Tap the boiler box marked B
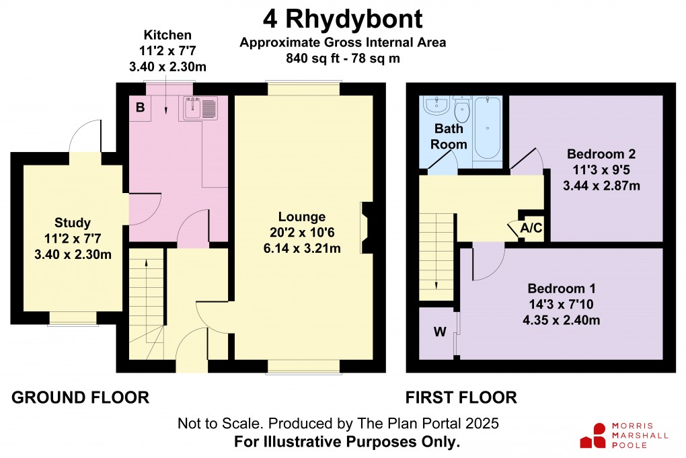pyautogui.click(x=141, y=108)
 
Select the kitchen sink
pyautogui.click(x=198, y=108)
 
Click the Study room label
pyautogui.click(x=73, y=223)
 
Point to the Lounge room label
pyautogui.click(x=302, y=217)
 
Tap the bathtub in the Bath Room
pyautogui.click(x=487, y=128)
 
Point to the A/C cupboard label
pyautogui.click(x=531, y=229)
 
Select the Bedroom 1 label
pyautogui.click(x=561, y=288)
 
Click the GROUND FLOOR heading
pyautogui.click(x=80, y=397)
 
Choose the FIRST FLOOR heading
pyautogui.click(x=461, y=397)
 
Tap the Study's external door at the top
pyautogui.click(x=86, y=136)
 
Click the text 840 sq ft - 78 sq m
pyautogui.click(x=343, y=58)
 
